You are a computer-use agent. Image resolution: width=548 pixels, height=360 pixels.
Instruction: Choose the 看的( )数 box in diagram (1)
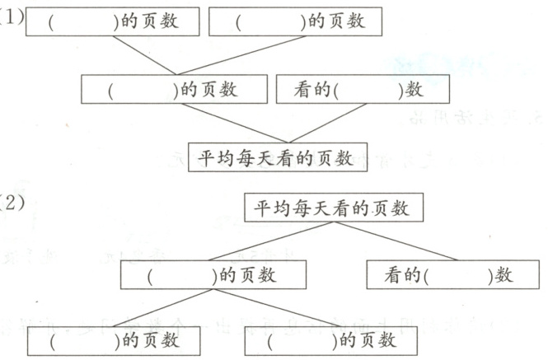click(x=362, y=90)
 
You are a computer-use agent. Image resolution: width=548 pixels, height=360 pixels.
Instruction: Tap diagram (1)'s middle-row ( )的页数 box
click(x=175, y=90)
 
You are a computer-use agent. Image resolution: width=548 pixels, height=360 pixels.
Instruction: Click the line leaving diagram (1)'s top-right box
click(x=239, y=55)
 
